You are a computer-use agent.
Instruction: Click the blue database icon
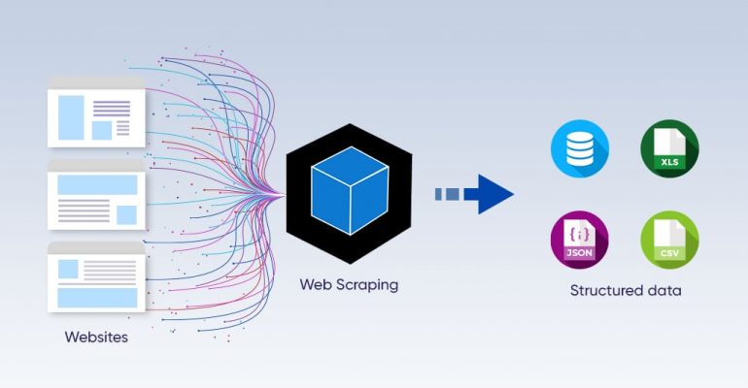click(x=580, y=148)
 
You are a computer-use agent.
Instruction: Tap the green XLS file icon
click(x=669, y=148)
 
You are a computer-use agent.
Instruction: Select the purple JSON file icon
click(x=580, y=240)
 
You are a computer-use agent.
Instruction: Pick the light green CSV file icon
click(x=669, y=240)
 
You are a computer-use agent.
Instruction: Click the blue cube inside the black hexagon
click(x=350, y=190)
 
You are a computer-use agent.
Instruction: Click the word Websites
click(x=96, y=337)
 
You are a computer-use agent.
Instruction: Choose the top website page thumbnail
click(x=96, y=113)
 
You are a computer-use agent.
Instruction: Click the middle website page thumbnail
click(x=96, y=195)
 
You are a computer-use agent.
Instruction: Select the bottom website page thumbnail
click(x=96, y=277)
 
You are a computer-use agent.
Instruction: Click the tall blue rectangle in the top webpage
click(x=71, y=117)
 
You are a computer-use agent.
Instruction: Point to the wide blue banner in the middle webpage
click(x=97, y=184)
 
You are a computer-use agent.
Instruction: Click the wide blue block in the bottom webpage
click(x=97, y=298)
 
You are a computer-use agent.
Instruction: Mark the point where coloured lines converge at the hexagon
click(x=285, y=194)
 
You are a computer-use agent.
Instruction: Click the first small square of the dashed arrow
click(x=439, y=194)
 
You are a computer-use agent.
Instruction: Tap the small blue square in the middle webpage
click(x=127, y=215)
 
